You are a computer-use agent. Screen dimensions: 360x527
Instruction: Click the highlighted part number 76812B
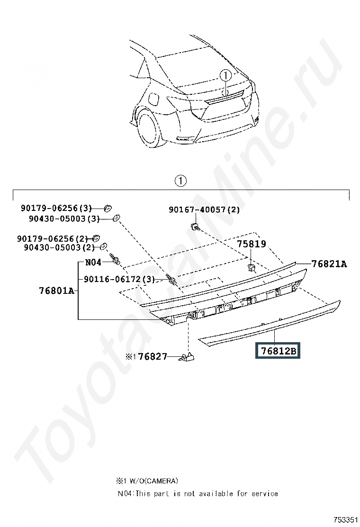278,351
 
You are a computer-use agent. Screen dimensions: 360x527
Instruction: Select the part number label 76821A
329,264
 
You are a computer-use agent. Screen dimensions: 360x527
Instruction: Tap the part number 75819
252,244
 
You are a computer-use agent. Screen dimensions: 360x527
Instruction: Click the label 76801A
56,290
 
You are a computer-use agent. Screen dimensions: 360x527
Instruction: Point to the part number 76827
153,356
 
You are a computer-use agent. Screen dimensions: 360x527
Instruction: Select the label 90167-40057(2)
204,210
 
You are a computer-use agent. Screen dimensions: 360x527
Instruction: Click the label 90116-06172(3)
119,279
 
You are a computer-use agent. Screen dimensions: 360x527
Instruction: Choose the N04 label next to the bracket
93,262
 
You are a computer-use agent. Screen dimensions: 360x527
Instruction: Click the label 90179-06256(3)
56,208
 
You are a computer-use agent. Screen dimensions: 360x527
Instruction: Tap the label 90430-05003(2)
58,247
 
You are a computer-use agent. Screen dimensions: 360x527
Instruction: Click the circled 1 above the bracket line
180,181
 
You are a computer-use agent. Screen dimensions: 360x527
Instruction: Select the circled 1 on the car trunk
225,75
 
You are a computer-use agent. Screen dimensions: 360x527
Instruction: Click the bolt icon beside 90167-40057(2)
195,227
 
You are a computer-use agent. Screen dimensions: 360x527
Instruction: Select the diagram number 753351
343,520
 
